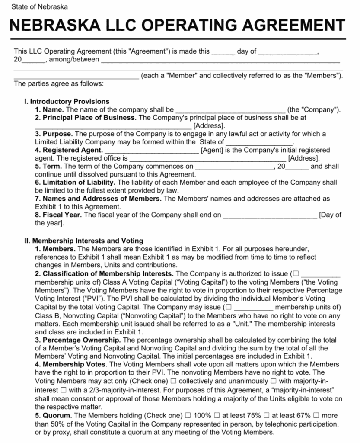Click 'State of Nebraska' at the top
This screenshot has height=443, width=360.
click(39, 7)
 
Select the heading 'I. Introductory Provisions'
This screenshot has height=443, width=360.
click(67, 102)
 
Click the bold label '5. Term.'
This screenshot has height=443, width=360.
click(48, 166)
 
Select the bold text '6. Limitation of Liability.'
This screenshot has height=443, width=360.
click(75, 182)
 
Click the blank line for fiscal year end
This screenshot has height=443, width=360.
click(270, 215)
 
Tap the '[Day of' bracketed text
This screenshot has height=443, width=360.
click(330, 215)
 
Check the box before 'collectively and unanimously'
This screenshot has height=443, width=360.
click(173, 381)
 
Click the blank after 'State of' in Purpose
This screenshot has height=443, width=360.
click(259, 142)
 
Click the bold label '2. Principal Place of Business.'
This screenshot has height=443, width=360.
click(86, 118)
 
